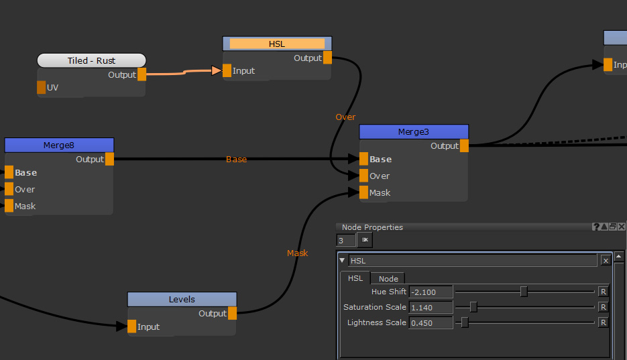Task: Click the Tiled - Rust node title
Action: (91, 60)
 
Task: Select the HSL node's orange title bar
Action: (277, 44)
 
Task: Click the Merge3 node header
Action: (413, 131)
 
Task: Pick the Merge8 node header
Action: (59, 145)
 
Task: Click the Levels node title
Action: (182, 299)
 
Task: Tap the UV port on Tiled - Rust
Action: (42, 87)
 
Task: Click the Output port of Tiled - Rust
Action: (141, 74)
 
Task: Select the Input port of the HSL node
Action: (227, 70)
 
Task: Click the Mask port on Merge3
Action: (363, 192)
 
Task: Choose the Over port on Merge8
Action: (9, 189)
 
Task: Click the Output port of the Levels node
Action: (232, 313)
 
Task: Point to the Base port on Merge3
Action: (363, 159)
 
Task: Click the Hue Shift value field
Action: (431, 292)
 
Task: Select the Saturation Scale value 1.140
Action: (431, 307)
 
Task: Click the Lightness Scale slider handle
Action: (464, 322)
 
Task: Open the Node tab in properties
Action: (388, 278)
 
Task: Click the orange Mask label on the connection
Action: (297, 253)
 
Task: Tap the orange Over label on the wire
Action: (345, 117)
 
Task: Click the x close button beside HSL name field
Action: (606, 261)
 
